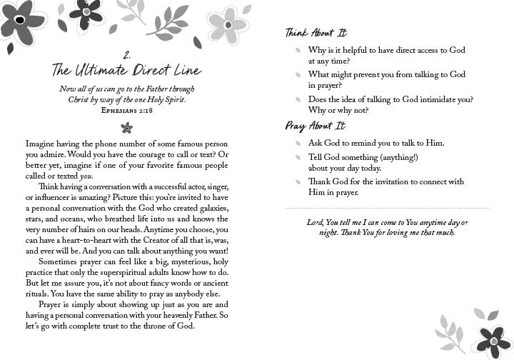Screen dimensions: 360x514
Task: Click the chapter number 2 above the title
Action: coord(126,54)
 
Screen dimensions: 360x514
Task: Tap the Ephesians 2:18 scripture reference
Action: coord(127,111)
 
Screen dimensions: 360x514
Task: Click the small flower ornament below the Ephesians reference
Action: coord(127,128)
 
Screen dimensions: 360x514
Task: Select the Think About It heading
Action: coord(316,33)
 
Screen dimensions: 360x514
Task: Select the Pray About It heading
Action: coord(315,126)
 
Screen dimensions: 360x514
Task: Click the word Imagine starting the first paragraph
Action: coord(41,144)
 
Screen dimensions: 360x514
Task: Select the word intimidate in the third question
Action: coord(439,99)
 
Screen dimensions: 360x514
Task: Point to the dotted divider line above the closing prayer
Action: coord(386,208)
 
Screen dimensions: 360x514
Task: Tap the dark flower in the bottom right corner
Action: coord(490,341)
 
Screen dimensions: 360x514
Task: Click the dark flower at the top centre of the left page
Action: coord(89,12)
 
